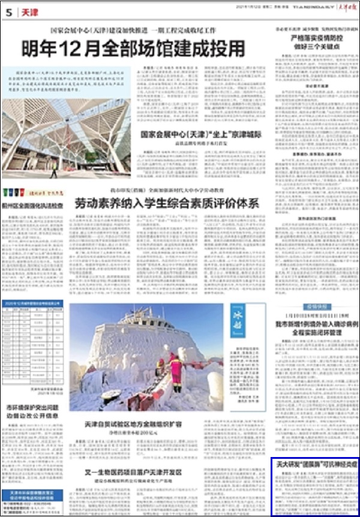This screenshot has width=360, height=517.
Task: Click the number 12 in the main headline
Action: (x=71, y=47)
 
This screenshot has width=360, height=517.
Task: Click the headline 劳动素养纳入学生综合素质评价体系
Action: (x=166, y=203)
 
